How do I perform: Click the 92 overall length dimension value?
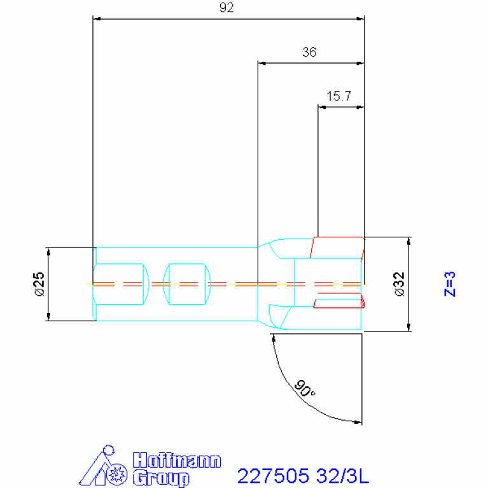click(227, 8)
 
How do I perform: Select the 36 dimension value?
click(309, 52)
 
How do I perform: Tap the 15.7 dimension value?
click(338, 96)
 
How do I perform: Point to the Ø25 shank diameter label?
click(40, 284)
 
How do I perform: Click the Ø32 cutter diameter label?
click(400, 284)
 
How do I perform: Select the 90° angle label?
click(304, 388)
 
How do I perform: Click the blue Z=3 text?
click(450, 284)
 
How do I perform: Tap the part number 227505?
click(273, 476)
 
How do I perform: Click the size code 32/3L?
click(342, 476)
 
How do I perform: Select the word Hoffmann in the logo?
click(177, 460)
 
